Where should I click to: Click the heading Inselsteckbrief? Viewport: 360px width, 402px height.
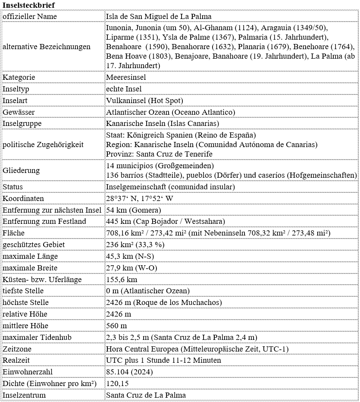(x=28, y=4)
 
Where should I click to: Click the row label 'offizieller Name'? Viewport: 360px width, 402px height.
(x=30, y=16)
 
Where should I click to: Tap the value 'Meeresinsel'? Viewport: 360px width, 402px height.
(x=126, y=77)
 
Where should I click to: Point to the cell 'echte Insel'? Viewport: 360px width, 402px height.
(x=124, y=89)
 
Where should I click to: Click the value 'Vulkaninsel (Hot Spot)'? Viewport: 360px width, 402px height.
(x=144, y=100)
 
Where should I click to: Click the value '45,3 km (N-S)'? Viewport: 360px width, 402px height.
(x=131, y=256)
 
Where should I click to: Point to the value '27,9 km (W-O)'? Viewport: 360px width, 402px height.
(x=131, y=268)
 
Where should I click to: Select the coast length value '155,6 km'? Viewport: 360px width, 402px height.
(x=122, y=280)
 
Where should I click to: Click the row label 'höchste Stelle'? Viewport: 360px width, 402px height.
(x=26, y=302)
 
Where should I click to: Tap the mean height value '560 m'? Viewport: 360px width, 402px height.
(x=116, y=326)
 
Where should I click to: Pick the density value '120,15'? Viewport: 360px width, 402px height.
(x=117, y=383)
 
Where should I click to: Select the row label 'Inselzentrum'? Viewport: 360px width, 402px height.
(x=24, y=395)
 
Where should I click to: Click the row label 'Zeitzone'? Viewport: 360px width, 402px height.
(x=17, y=349)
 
